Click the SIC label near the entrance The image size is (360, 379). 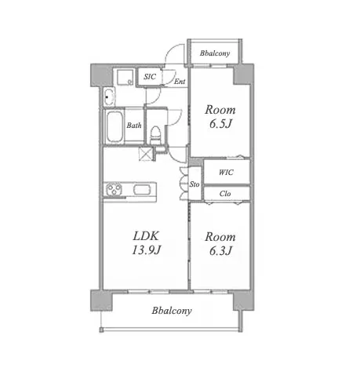click(x=150, y=77)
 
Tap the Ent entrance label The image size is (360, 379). click(x=180, y=82)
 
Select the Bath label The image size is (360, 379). click(x=134, y=126)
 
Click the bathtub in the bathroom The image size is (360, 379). click(x=115, y=126)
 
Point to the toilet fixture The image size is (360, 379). click(x=155, y=135)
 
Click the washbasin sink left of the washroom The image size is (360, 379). click(x=109, y=97)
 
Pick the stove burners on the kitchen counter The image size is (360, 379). click(x=114, y=189)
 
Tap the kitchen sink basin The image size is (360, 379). click(x=142, y=189)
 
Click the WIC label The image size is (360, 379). click(x=226, y=172)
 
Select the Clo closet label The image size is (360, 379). click(x=225, y=194)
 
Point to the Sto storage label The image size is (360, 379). click(x=195, y=184)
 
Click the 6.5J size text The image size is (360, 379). click(x=220, y=124)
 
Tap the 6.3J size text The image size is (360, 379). click(x=220, y=250)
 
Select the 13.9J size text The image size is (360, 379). click(x=146, y=250)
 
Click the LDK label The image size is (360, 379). click(x=146, y=236)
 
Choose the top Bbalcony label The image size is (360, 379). click(x=215, y=53)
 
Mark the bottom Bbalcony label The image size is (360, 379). click(x=172, y=311)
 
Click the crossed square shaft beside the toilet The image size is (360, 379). click(x=146, y=154)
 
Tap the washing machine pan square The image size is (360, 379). click(x=125, y=77)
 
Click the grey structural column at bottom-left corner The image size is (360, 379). click(x=101, y=300)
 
